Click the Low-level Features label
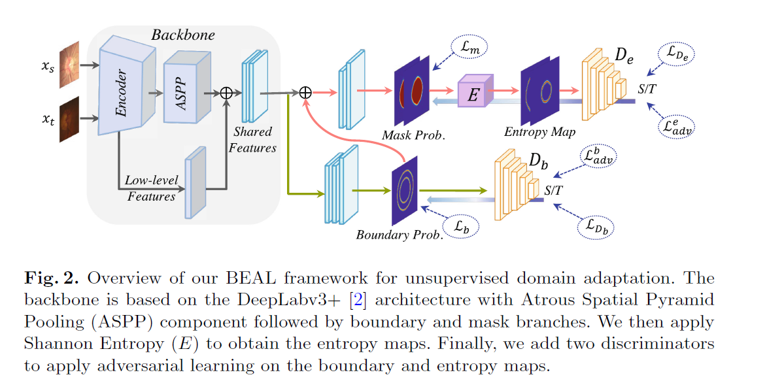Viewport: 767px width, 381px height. [x=152, y=188]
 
